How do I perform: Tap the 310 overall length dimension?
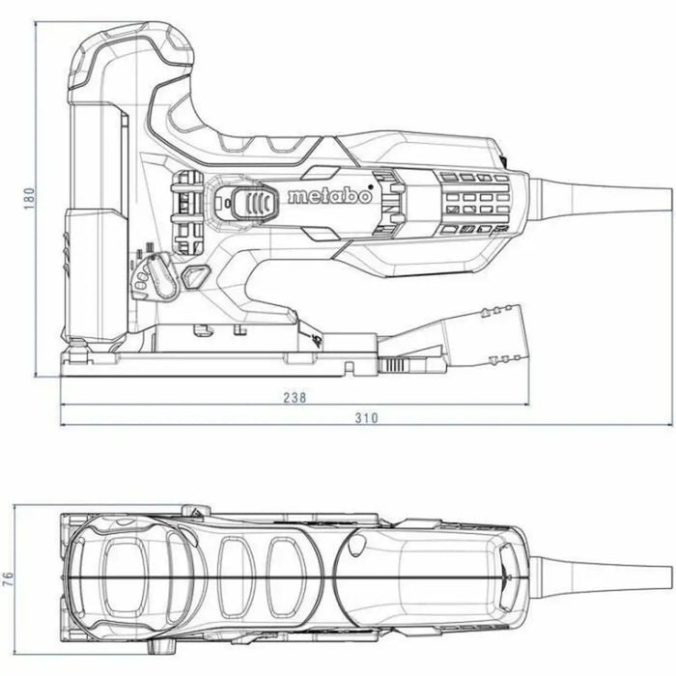[365, 417]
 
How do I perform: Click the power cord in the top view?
[599, 569]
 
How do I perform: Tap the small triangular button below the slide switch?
[197, 276]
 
